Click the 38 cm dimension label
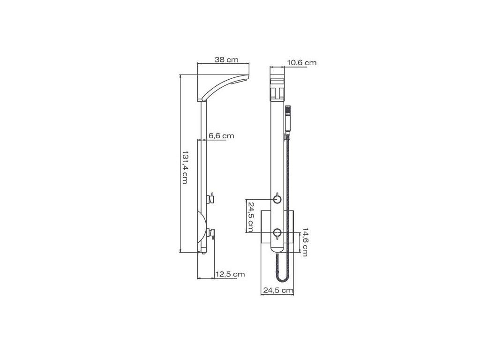pos(226,60)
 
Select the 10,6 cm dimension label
pos(301,63)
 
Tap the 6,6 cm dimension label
pos(221,135)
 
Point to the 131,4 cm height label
pos(184,167)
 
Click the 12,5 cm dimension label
pos(230,274)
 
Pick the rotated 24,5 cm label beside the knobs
pos(250,217)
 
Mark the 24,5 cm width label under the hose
pos(278,290)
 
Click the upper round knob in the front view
pos(277,200)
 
